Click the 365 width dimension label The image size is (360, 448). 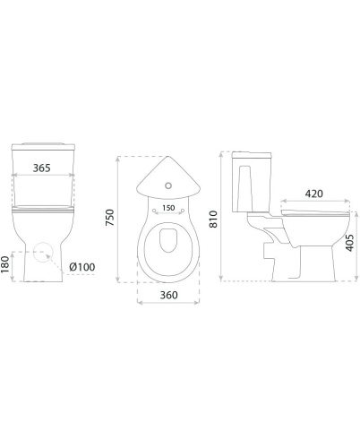[41, 168]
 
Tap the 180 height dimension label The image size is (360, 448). [5, 264]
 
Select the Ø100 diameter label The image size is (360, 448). [82, 267]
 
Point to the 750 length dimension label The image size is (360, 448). [110, 218]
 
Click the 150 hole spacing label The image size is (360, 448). [168, 208]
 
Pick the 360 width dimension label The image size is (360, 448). [168, 295]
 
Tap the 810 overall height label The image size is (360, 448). [213, 220]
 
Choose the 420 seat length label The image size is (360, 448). [314, 194]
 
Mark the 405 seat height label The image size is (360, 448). [350, 243]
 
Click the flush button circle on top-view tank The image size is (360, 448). [168, 185]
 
